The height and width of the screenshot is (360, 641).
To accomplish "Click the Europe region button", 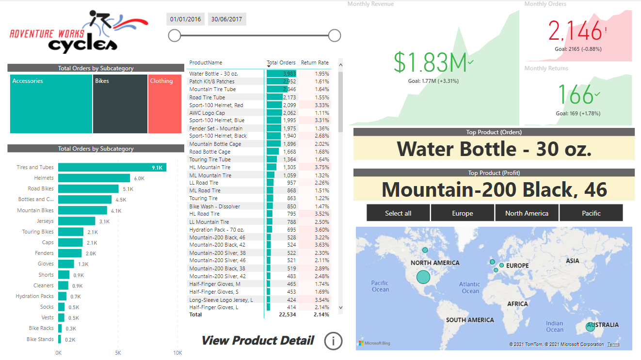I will tap(462, 213).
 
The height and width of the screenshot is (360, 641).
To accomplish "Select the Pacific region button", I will tap(591, 213).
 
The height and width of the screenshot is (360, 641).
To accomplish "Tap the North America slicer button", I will tap(527, 213).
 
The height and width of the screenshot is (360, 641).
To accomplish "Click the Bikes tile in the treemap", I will tap(120, 104).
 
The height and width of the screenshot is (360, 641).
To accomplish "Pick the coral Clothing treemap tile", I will tap(165, 104).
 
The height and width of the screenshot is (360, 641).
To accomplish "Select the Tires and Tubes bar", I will tap(112, 167).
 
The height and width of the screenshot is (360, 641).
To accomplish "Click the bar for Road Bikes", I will tap(88, 188).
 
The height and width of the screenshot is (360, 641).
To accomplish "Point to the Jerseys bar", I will tap(77, 221).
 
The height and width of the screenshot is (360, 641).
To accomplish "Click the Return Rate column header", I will tap(315, 63).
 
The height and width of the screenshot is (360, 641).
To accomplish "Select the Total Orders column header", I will tap(281, 63).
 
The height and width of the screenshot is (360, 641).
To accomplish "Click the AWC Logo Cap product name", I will tap(207, 113).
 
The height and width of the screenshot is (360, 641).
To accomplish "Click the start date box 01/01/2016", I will tap(185, 19).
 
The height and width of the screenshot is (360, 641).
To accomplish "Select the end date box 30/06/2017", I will tap(226, 19).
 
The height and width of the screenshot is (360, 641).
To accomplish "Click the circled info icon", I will tap(333, 341).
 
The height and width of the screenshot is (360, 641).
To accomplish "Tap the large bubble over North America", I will tap(423, 277).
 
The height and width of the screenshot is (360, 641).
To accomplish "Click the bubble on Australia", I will tap(590, 327).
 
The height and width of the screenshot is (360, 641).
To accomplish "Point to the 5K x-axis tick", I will tap(118, 353).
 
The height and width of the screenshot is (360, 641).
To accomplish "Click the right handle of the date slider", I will tap(335, 35).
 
